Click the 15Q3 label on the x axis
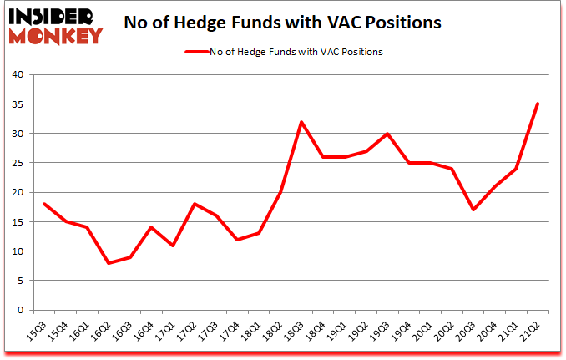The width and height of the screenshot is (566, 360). pyautogui.click(x=36, y=332)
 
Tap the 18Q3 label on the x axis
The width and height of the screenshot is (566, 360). pyautogui.click(x=295, y=332)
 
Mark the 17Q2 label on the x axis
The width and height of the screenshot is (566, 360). pyautogui.click(x=187, y=332)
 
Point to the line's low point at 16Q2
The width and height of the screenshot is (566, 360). pyautogui.click(x=109, y=263)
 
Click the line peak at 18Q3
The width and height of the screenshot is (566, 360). pyautogui.click(x=301, y=122)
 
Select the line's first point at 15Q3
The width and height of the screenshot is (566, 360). pyautogui.click(x=44, y=204)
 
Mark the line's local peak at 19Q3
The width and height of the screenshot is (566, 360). pyautogui.click(x=387, y=134)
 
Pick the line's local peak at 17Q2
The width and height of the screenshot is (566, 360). pyautogui.click(x=195, y=204)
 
